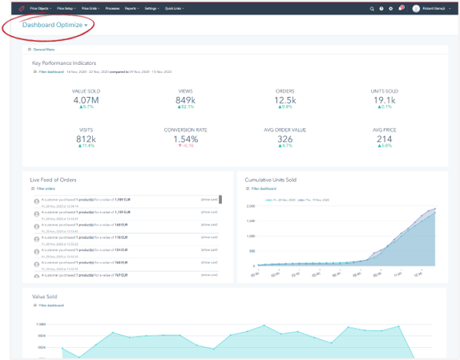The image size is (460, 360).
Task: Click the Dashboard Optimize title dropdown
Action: (x=54, y=26)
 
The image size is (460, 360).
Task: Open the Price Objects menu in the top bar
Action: (x=40, y=8)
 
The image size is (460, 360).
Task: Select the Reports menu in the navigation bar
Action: (x=131, y=8)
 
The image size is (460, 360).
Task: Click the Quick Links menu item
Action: (x=174, y=8)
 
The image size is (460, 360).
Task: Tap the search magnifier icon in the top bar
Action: (x=372, y=9)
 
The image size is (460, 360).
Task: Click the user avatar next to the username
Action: (x=416, y=9)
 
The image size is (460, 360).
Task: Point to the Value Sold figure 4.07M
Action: (x=85, y=100)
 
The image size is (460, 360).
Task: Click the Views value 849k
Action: (x=186, y=100)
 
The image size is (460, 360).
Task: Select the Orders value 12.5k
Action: (x=284, y=100)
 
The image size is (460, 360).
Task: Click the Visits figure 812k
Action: (x=85, y=139)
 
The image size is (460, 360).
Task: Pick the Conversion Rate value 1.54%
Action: (x=186, y=139)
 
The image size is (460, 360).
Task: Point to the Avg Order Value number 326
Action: (x=284, y=139)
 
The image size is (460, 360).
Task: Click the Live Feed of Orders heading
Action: (x=53, y=180)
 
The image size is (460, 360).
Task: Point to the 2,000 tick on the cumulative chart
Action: (x=250, y=206)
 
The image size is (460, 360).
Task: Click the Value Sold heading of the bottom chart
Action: (x=44, y=296)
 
